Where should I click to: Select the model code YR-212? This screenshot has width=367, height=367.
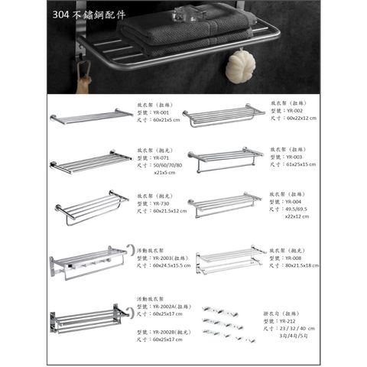click(x=294, y=320)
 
